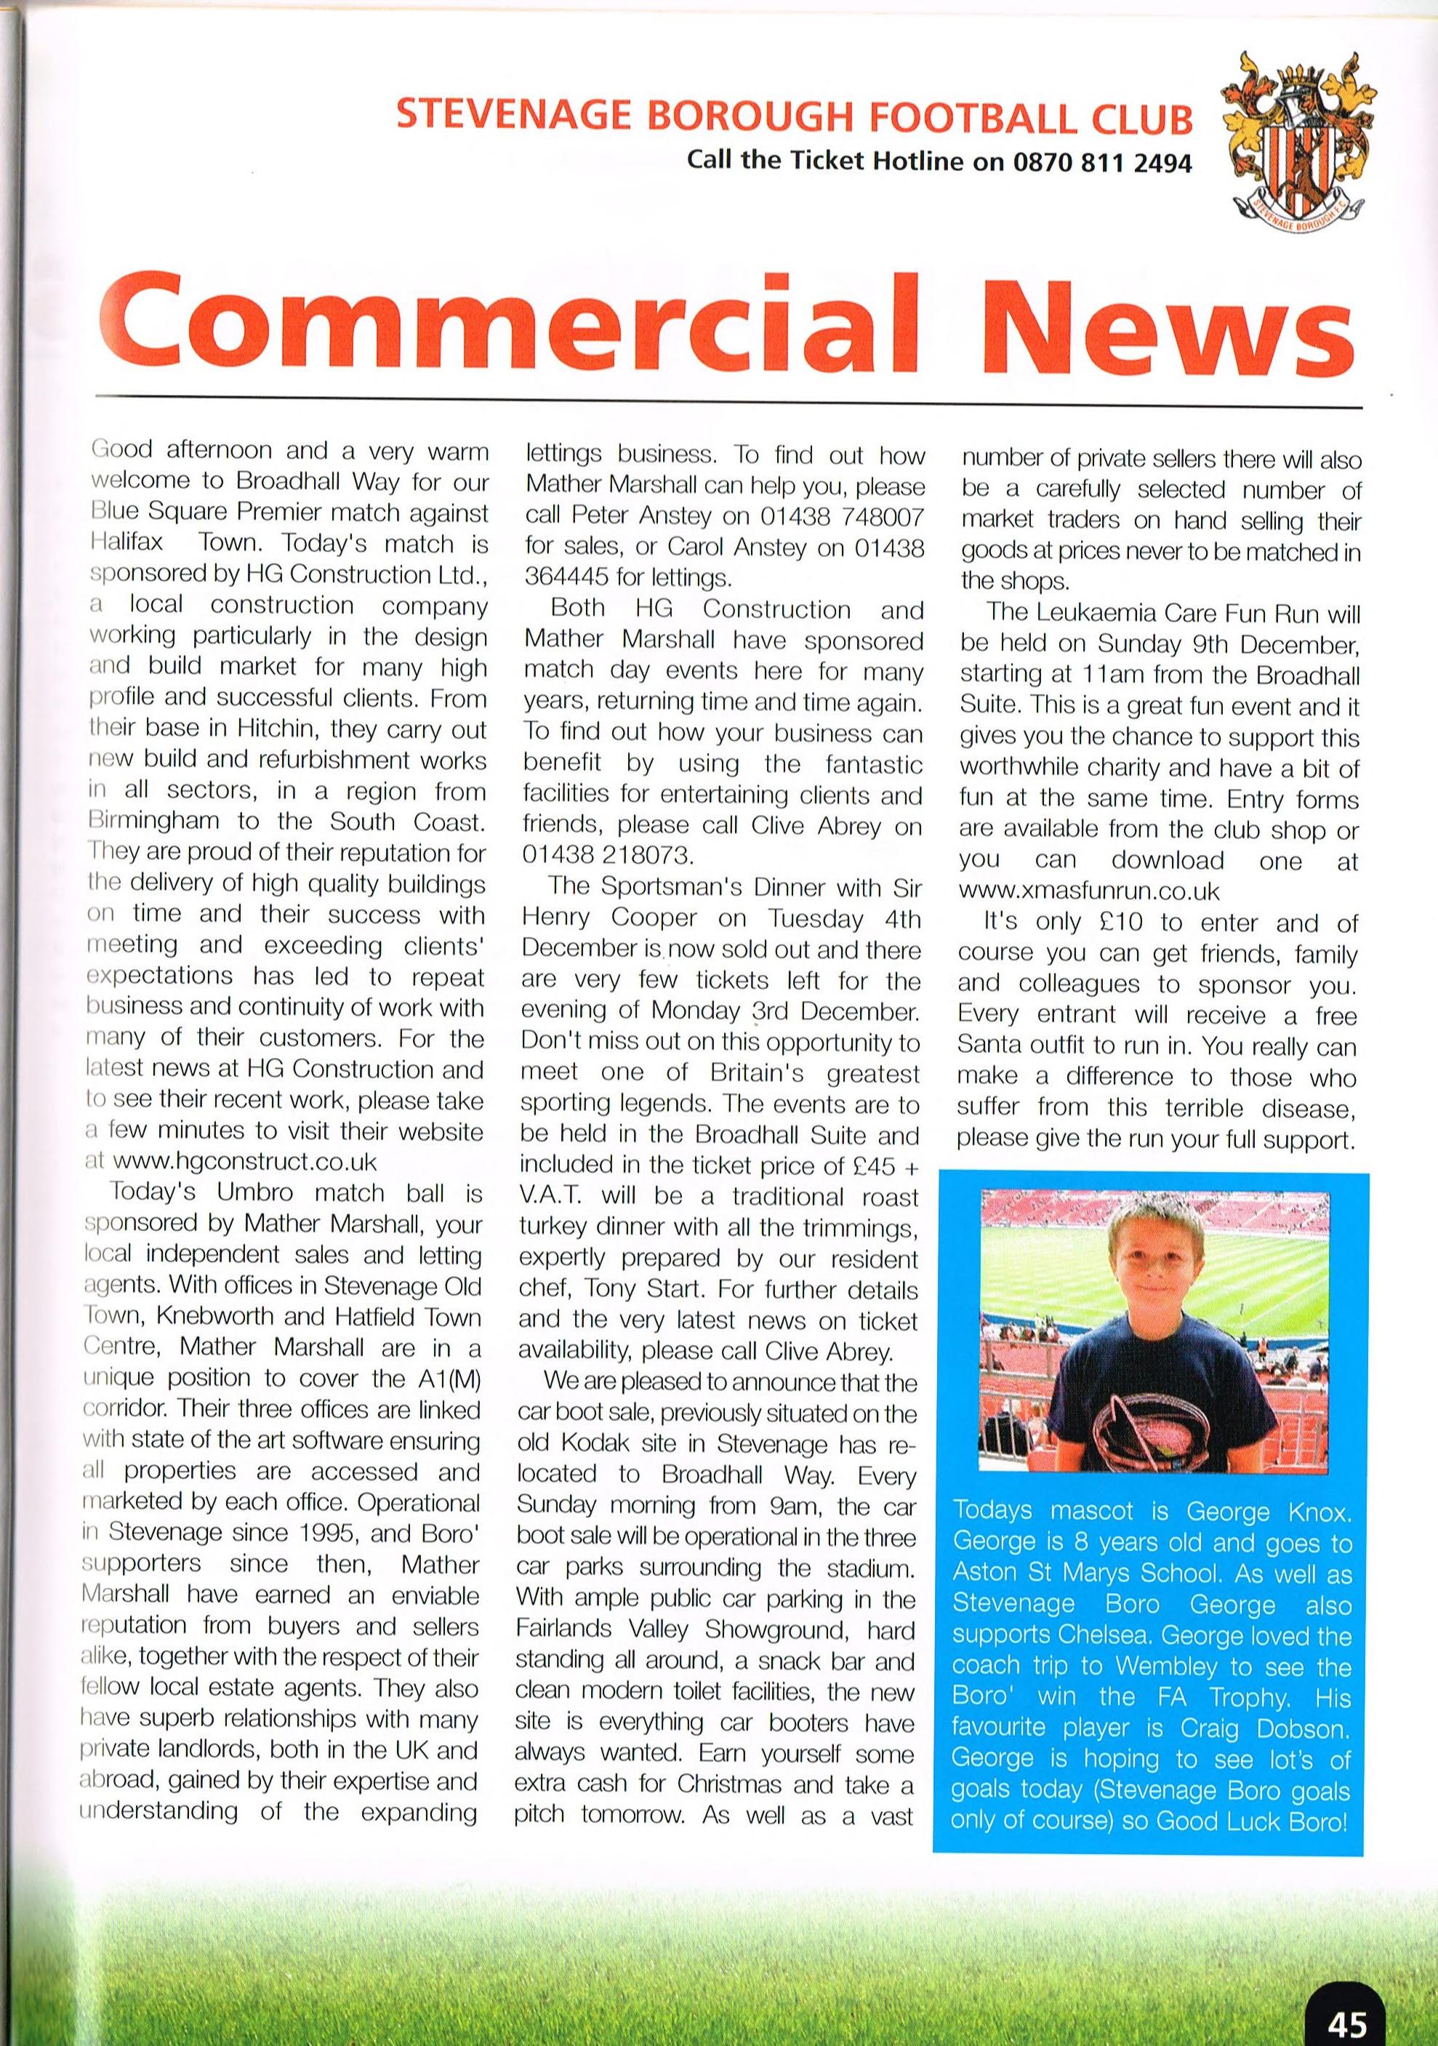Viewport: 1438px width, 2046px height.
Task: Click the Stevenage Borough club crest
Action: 1298,145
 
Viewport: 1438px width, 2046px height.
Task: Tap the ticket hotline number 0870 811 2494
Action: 1101,162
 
